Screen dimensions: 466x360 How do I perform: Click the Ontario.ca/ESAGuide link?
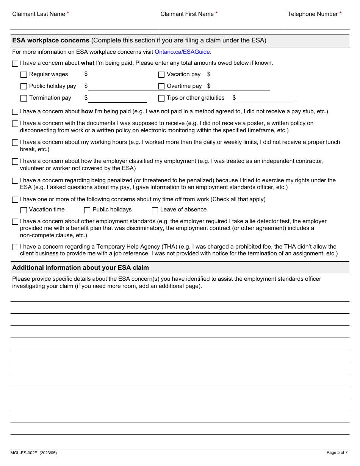coord(182,52)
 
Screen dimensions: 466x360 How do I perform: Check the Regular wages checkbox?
coord(23,75)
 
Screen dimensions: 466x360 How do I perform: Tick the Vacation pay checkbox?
coord(161,75)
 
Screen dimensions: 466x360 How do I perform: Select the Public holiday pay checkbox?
coord(23,86)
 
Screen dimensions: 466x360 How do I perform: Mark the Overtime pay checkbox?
coord(161,86)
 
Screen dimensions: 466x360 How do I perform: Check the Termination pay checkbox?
coord(23,98)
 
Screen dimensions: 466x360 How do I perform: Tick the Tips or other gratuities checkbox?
coord(161,98)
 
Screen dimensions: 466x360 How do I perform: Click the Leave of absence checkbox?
coord(155,210)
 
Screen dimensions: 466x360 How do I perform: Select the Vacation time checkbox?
coord(23,210)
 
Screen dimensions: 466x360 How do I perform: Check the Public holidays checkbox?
coord(87,210)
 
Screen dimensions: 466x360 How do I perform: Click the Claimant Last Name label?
coord(39,14)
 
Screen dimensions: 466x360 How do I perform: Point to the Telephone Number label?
coord(313,14)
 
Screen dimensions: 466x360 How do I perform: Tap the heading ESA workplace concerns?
coord(51,40)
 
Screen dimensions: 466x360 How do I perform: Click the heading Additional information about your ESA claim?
coord(80,267)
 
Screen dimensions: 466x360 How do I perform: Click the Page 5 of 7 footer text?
coord(337,452)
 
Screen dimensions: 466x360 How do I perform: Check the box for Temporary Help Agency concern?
coord(15,247)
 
